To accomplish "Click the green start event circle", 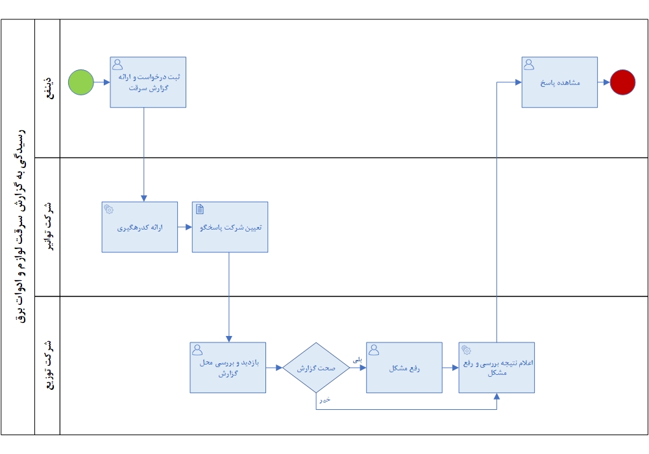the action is point(80,82).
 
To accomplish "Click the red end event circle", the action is point(622,82).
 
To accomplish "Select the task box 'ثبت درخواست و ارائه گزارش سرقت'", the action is point(148,82).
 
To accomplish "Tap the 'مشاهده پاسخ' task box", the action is point(559,82).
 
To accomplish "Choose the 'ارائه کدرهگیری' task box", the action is point(140,227).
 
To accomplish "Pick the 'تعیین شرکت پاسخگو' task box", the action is point(230,227).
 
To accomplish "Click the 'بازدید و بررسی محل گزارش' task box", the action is point(228,368).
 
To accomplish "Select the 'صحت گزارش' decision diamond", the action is point(316,368).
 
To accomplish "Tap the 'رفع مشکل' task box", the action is point(404,368).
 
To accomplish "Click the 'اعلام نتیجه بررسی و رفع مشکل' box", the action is point(496,368).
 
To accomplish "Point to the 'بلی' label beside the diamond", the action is point(357,360).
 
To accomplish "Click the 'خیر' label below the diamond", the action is point(325,400).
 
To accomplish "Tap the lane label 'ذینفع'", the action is point(49,88).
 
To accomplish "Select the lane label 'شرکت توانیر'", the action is point(49,226).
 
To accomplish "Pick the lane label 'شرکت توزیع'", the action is point(49,365).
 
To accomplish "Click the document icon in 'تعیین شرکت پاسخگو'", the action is point(200,209).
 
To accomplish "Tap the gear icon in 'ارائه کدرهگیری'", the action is point(109,209).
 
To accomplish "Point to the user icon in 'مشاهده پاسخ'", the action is point(529,64).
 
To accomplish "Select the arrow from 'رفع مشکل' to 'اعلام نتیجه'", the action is point(450,368).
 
